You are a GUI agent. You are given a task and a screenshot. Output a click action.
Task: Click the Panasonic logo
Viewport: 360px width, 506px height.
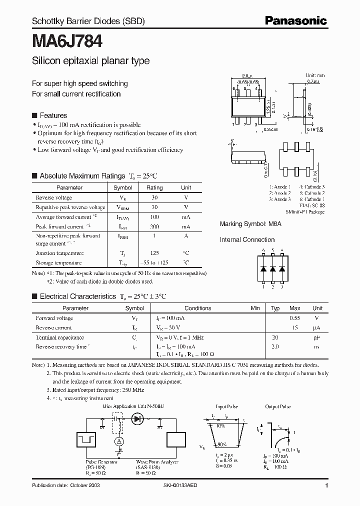click(x=296, y=20)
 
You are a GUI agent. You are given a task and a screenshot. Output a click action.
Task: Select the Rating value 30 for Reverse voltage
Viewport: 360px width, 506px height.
click(x=154, y=197)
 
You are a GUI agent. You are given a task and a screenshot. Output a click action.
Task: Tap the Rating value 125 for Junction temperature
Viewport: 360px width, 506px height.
click(x=154, y=253)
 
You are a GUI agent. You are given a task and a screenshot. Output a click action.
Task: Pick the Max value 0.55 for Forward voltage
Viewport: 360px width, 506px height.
click(x=295, y=318)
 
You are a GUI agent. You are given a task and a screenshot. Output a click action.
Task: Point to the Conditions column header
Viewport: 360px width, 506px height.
click(x=198, y=308)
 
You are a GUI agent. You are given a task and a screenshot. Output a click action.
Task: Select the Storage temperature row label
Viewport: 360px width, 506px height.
click(x=58, y=262)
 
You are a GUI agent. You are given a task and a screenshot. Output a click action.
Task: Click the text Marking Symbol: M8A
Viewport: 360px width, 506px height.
click(x=250, y=224)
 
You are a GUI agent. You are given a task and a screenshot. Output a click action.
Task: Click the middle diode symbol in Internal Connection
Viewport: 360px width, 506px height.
click(x=273, y=268)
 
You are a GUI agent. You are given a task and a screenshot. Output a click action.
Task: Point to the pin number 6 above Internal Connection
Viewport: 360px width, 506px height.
click(x=263, y=250)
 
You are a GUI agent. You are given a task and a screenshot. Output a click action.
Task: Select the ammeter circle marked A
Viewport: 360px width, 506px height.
click(x=119, y=440)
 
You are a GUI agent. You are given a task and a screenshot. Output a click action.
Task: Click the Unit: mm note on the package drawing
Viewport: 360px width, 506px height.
click(x=315, y=75)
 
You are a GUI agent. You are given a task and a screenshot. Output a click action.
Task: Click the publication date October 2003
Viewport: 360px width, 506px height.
click(x=62, y=485)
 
